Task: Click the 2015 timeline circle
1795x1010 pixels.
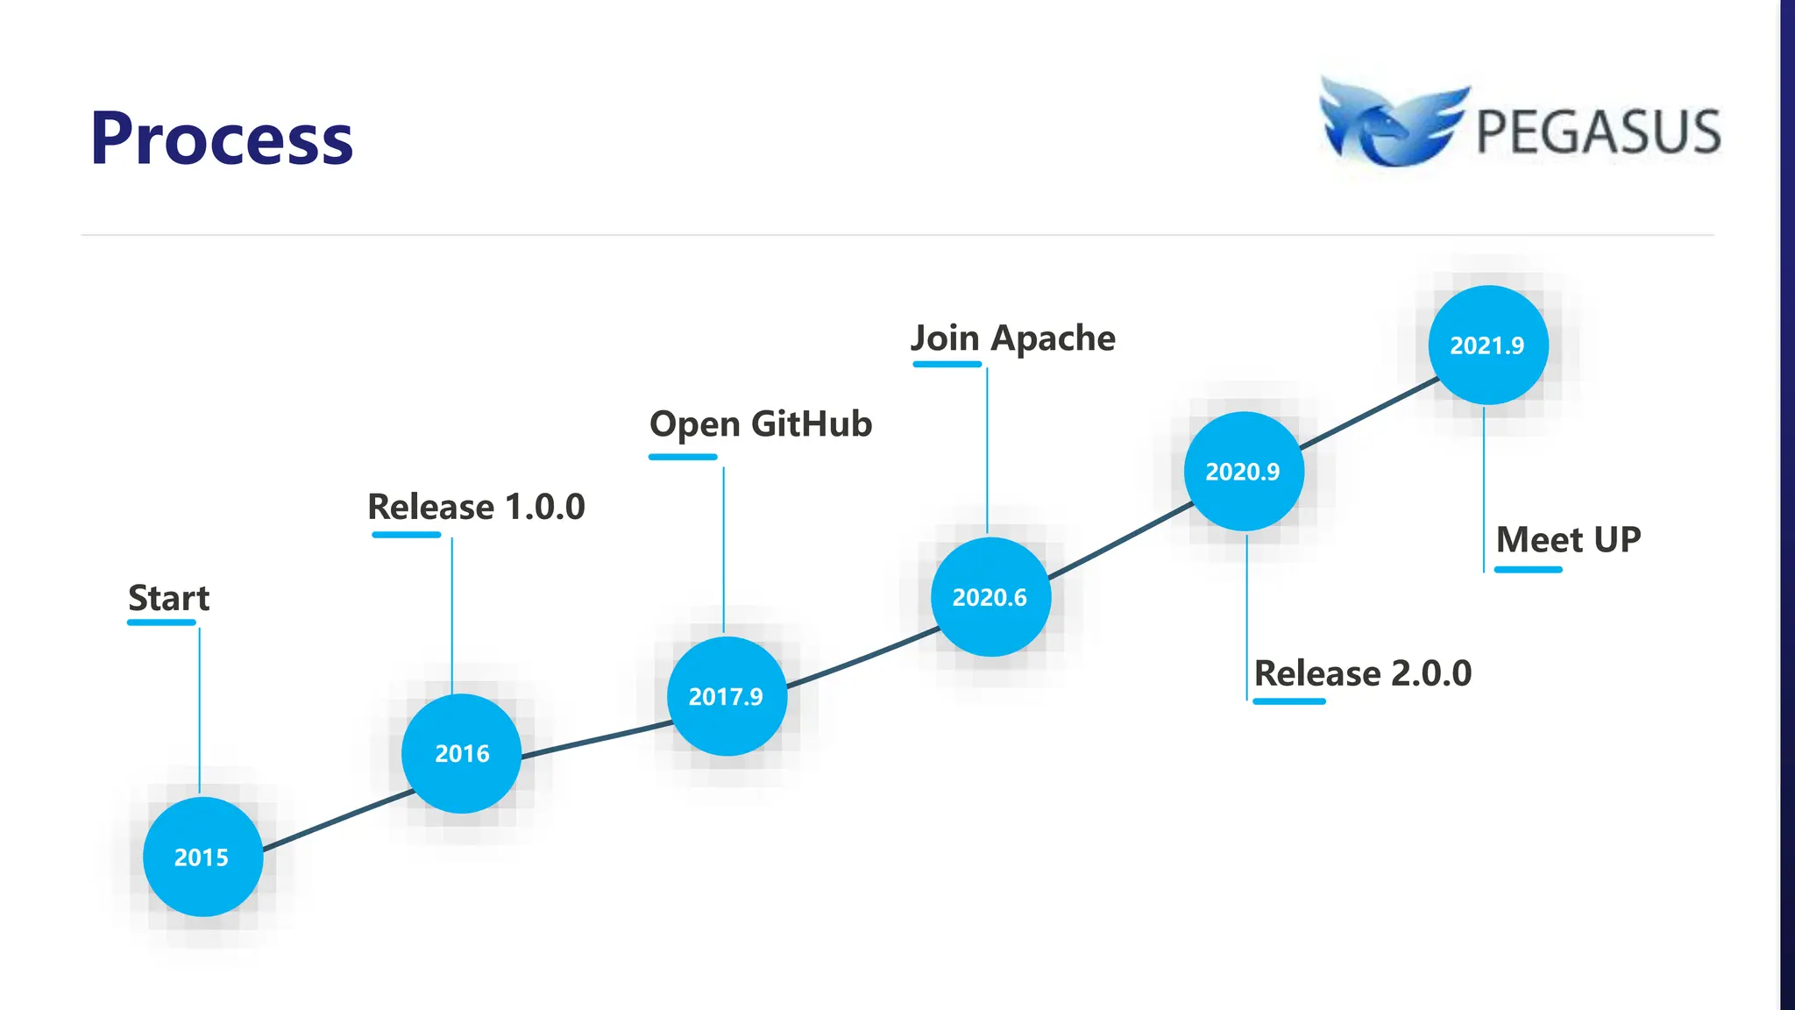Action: [202, 857]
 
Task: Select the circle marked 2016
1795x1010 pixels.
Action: [461, 753]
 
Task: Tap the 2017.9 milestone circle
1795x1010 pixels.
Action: [727, 696]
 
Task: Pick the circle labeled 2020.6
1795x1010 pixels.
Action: [990, 597]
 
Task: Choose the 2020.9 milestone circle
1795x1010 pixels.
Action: [1243, 472]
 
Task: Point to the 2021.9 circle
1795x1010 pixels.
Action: [1487, 345]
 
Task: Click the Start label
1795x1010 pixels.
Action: [169, 598]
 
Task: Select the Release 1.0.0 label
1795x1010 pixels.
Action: [476, 507]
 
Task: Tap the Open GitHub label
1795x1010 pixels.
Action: [761, 424]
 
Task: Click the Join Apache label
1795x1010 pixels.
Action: [1013, 338]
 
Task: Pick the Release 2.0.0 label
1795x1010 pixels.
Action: [1363, 673]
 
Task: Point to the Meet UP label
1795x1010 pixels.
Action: [1568, 540]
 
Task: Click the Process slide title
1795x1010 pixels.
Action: [222, 139]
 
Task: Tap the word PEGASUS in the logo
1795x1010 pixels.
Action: [1598, 132]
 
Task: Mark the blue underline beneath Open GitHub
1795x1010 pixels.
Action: [683, 457]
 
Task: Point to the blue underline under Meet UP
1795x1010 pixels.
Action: [1528, 570]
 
